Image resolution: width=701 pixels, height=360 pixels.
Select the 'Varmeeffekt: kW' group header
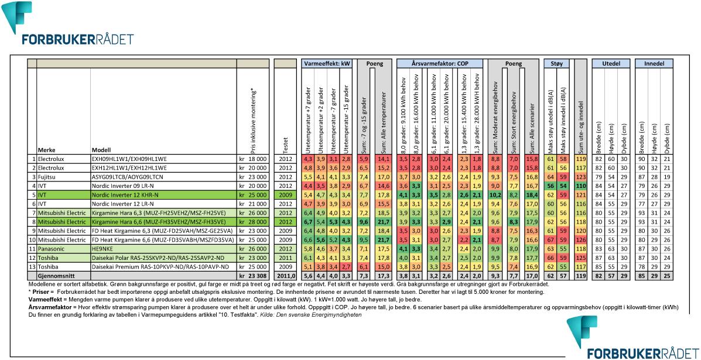(326, 62)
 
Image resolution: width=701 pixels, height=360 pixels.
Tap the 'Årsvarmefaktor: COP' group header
(439, 62)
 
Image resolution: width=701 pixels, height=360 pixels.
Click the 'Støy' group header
(556, 62)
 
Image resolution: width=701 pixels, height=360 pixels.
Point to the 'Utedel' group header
(611, 62)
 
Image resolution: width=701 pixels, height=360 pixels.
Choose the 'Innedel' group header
(654, 62)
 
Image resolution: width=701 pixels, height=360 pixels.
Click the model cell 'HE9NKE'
(103, 248)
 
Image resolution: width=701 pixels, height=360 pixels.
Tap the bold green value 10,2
(494, 194)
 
